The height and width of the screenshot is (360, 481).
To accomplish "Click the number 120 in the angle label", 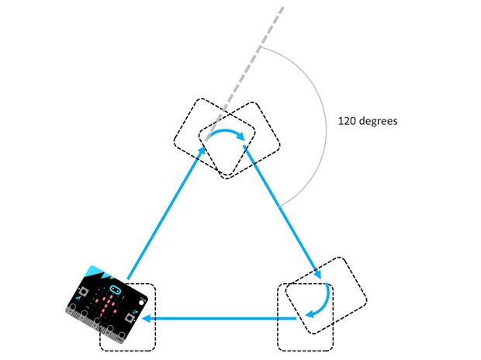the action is (x=347, y=121).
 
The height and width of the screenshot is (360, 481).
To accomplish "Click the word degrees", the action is (x=378, y=122).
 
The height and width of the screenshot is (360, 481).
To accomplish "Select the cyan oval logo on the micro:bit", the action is (x=115, y=289).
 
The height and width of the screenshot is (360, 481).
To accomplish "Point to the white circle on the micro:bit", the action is (x=141, y=303).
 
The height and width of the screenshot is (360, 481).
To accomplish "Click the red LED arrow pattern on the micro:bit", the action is (x=106, y=303).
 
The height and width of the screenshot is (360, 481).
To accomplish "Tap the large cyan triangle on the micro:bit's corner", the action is (x=95, y=272).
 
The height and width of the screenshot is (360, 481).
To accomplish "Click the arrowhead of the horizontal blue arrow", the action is (x=147, y=318).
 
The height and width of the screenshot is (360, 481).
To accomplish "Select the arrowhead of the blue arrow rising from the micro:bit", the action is (x=202, y=151).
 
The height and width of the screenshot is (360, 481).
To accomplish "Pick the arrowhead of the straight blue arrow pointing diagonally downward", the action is (x=318, y=274).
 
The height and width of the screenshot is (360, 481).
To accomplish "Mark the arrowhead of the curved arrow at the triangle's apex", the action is (x=241, y=137).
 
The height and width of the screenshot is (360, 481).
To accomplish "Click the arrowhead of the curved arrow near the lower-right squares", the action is (x=310, y=314).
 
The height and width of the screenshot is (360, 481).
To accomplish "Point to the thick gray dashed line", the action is (x=244, y=73).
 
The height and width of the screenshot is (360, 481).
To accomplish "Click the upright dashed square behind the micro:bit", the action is (x=127, y=317).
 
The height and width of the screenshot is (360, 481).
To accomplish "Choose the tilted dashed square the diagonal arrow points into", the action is (x=327, y=296).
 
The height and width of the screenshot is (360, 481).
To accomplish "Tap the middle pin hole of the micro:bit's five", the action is (x=97, y=320).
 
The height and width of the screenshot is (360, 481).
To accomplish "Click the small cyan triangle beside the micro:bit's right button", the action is (x=134, y=312).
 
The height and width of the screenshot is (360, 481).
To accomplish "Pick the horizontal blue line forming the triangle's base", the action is (x=219, y=319).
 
